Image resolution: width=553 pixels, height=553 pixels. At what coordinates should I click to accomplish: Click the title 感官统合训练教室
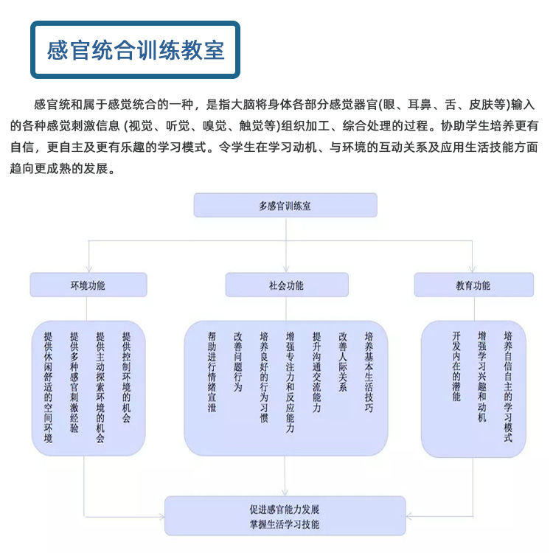(x=136, y=50)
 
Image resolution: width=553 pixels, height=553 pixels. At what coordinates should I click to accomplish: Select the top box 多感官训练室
(x=285, y=206)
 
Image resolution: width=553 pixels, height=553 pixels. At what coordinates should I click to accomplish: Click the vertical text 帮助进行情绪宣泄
(x=212, y=371)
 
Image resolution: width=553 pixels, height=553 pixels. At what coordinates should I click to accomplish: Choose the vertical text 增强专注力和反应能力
(x=291, y=381)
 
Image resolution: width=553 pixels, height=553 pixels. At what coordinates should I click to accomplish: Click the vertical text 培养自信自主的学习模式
(x=508, y=386)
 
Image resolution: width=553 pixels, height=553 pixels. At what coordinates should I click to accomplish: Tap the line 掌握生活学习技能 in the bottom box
(x=285, y=524)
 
